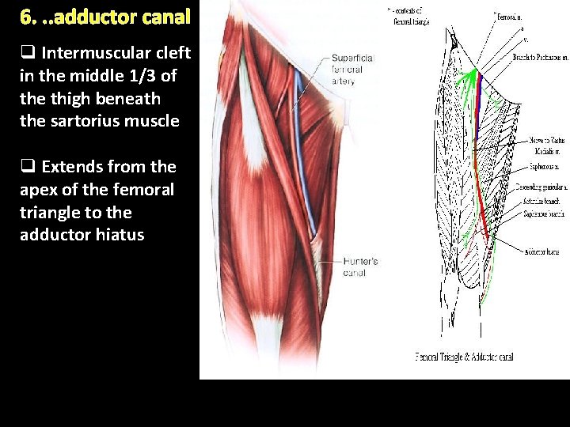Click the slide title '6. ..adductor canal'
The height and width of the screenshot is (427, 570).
pyautogui.click(x=105, y=16)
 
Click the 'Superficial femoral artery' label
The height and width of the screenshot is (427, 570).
pyautogui.click(x=352, y=70)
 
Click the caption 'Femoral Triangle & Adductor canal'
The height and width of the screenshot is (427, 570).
pyautogui.click(x=464, y=357)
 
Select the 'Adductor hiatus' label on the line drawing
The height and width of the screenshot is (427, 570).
pyautogui.click(x=541, y=251)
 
